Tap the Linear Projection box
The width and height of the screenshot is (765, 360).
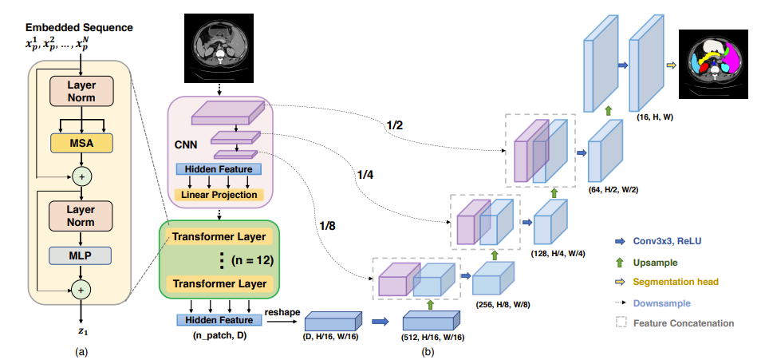tap(219, 194)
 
